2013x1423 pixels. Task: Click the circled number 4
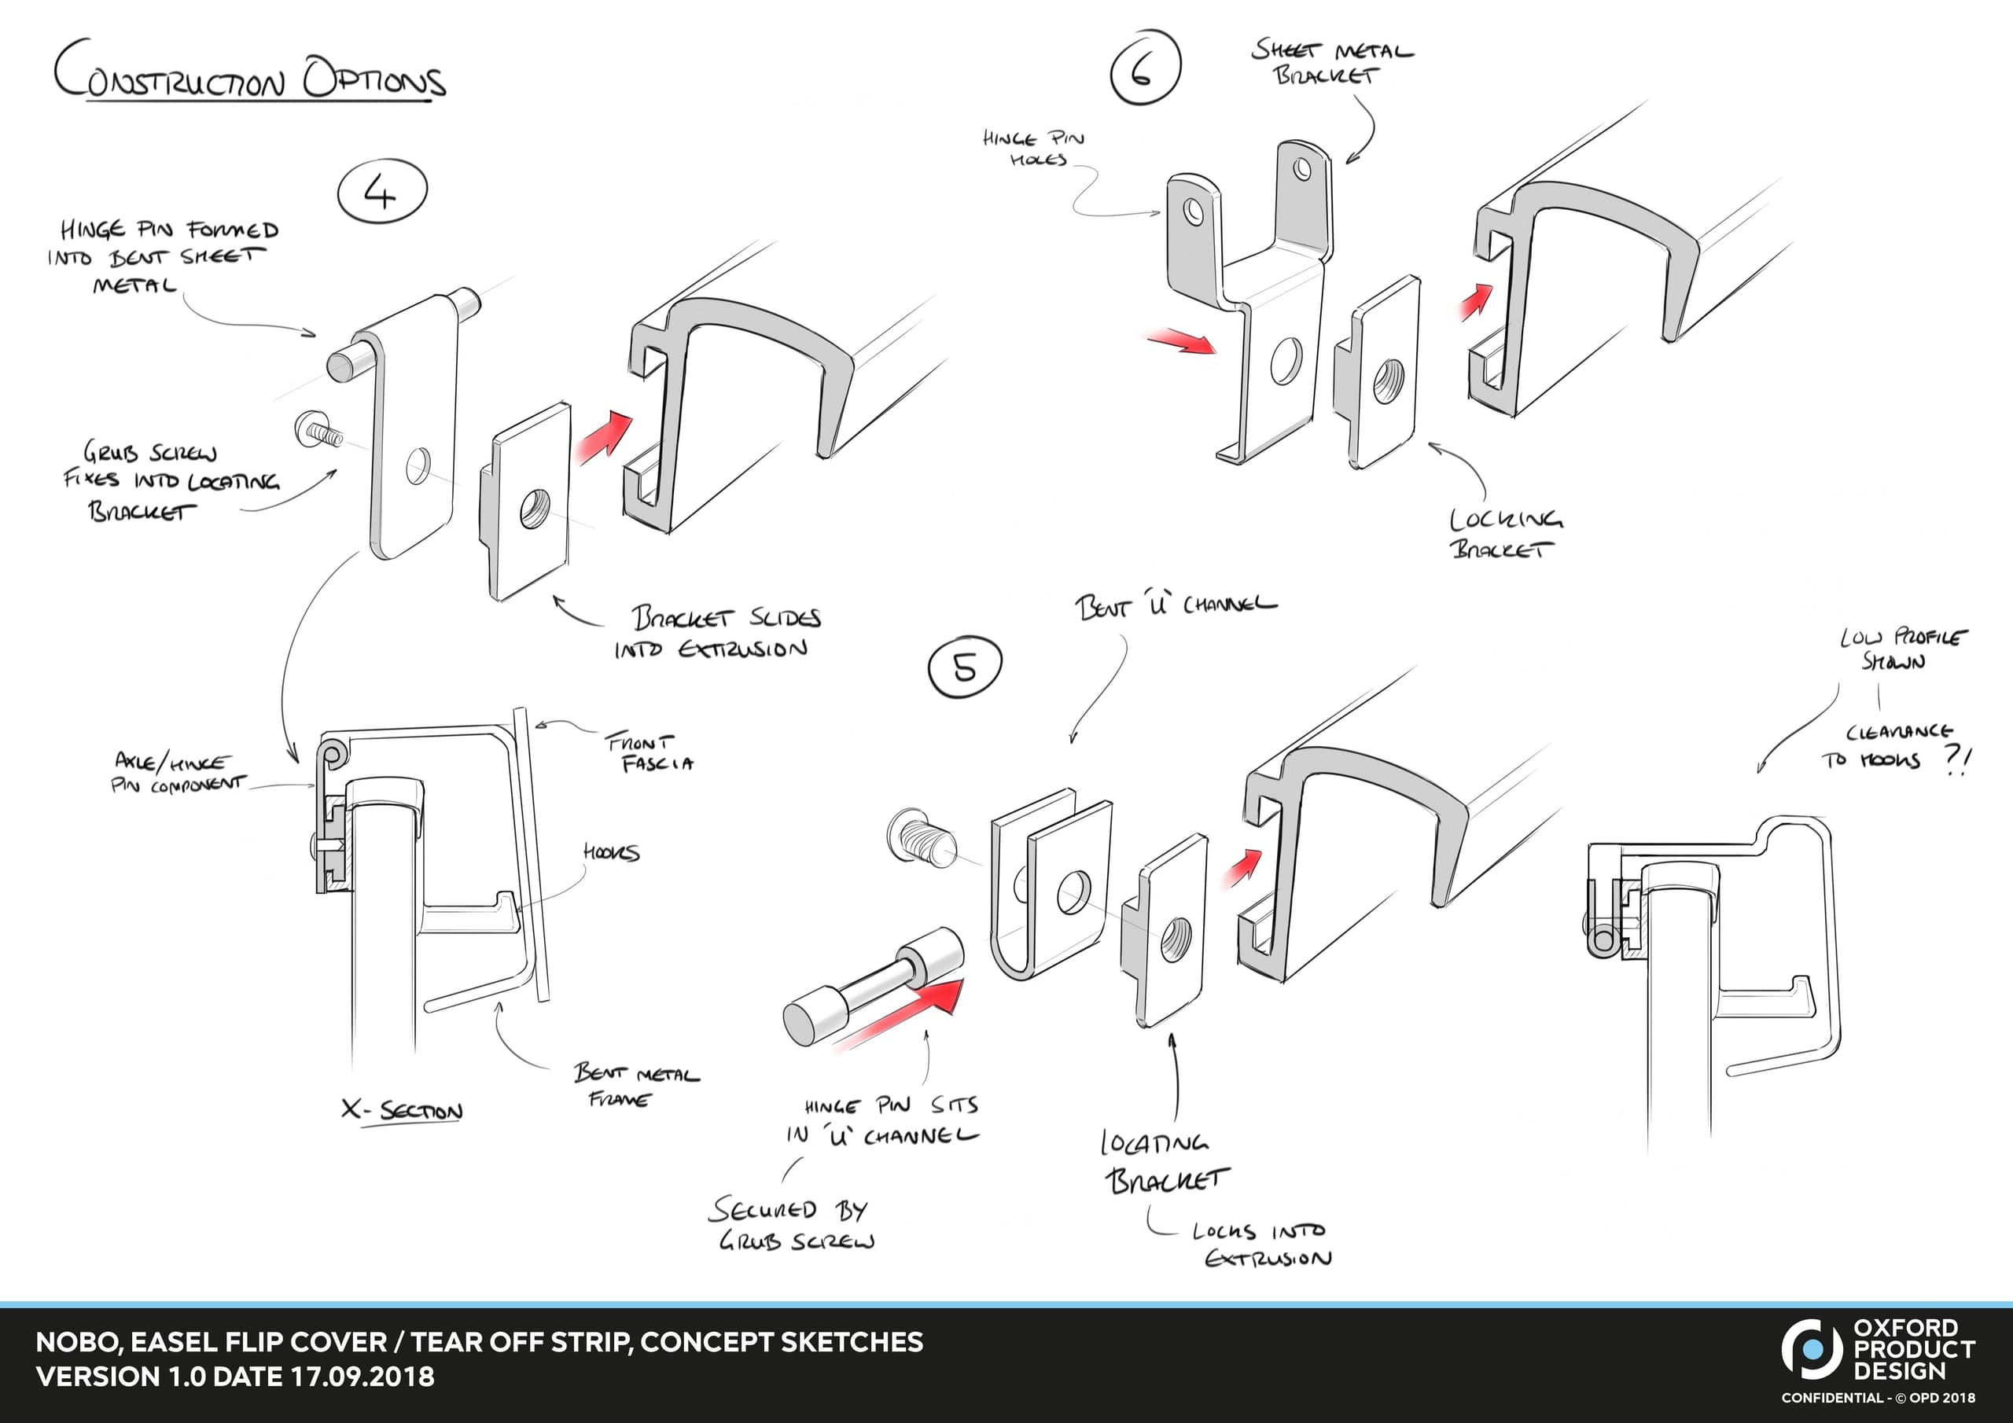(382, 193)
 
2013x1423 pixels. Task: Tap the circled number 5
(964, 668)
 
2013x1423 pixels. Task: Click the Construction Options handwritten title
(250, 79)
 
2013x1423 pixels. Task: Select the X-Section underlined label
(403, 1112)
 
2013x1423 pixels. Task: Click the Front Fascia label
(649, 753)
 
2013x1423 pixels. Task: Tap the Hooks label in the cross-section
(611, 852)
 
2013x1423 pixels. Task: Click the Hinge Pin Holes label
(1034, 148)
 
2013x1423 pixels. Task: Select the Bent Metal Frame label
(636, 1086)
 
